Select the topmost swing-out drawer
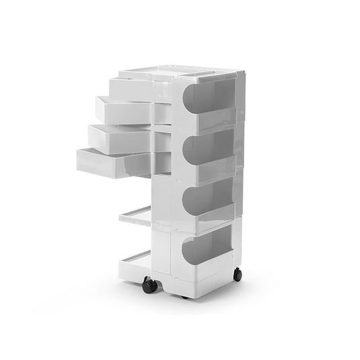pos(131,88)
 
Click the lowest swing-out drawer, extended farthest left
pos(108,162)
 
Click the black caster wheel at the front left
pos(150,285)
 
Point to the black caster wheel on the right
pos(237,275)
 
